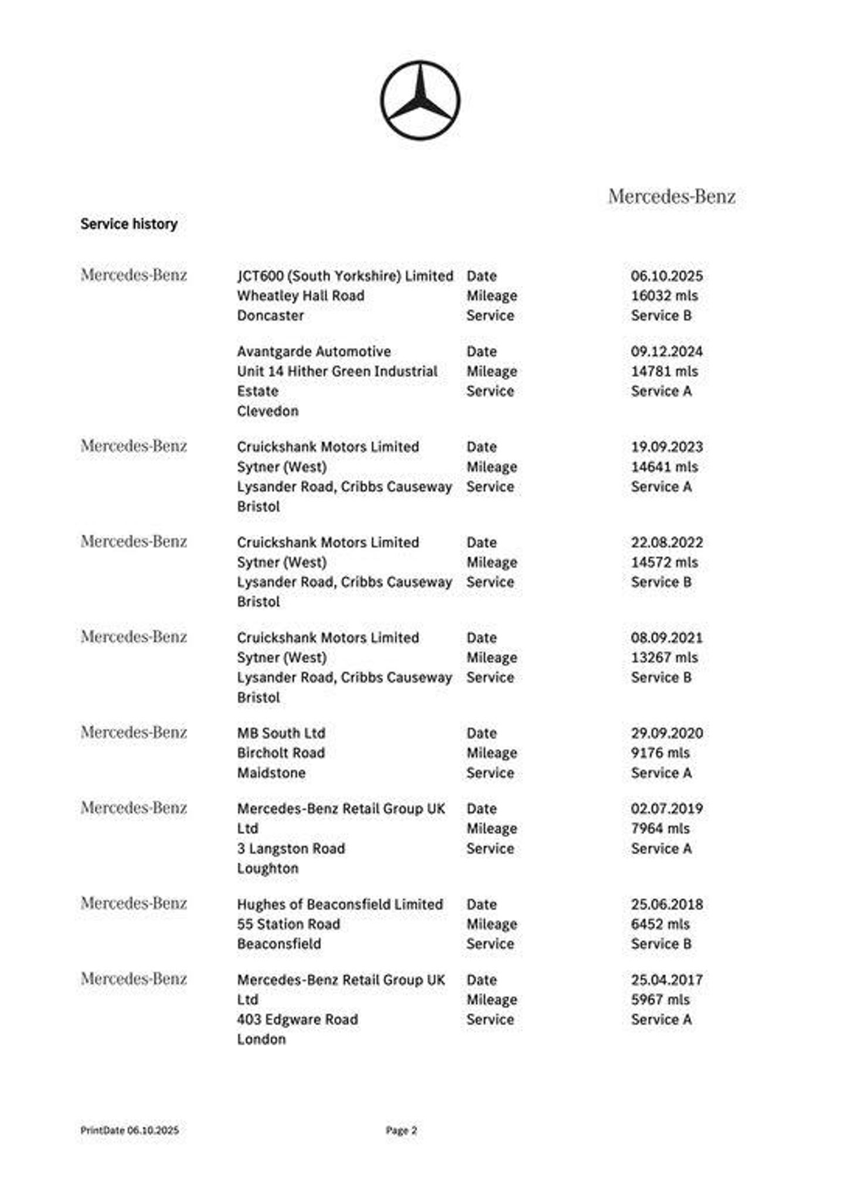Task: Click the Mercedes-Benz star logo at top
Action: (x=420, y=100)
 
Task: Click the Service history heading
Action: (x=129, y=224)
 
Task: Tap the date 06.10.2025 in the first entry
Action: (x=666, y=276)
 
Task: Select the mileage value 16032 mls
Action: (x=664, y=295)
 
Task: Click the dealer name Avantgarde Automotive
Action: (x=314, y=352)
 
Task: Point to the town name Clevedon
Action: (x=267, y=411)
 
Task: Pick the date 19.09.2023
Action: (x=666, y=447)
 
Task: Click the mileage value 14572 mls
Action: (x=664, y=562)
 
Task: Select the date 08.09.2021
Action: (x=666, y=638)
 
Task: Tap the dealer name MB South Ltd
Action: (x=281, y=733)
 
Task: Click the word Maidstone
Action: (x=271, y=773)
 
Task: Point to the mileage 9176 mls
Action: (x=660, y=753)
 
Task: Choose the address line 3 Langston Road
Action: (x=291, y=848)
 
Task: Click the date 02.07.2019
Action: (x=666, y=809)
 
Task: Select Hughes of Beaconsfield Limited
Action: (x=339, y=904)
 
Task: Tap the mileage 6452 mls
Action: (x=660, y=924)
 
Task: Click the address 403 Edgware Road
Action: (x=297, y=1019)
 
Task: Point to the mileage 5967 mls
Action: (x=660, y=999)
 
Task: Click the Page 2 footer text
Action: (x=401, y=1130)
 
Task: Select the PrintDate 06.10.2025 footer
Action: (x=130, y=1130)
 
